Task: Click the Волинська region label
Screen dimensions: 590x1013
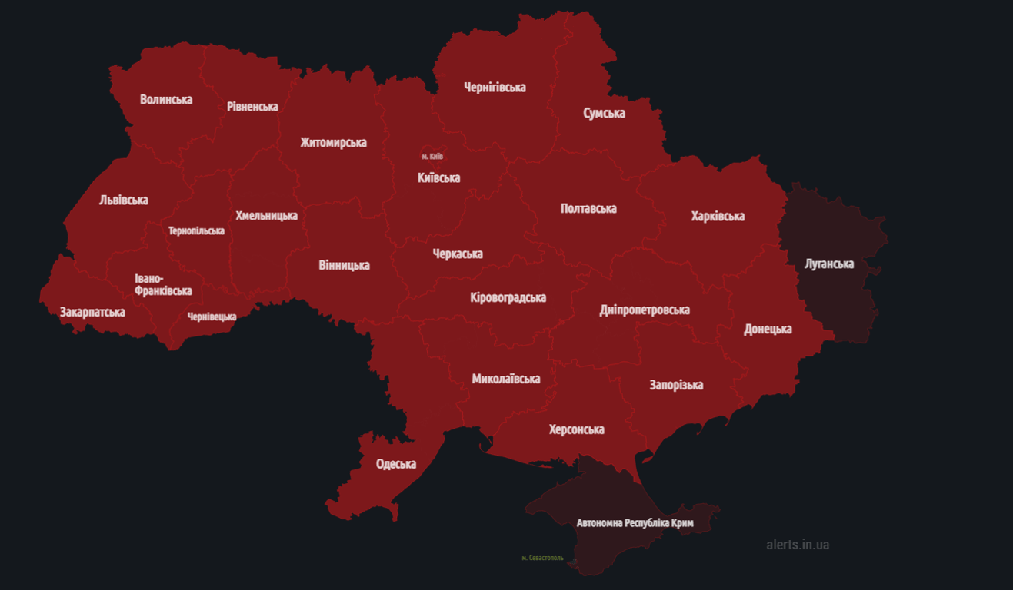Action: [x=166, y=100]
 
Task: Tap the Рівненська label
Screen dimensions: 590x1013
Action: [x=252, y=107]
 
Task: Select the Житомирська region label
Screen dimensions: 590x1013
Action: [x=333, y=143]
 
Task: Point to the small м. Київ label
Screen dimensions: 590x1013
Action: [x=432, y=157]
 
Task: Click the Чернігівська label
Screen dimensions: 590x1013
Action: [x=495, y=88]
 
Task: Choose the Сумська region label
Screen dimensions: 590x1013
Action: [x=604, y=114]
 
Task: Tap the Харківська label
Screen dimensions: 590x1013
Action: [x=718, y=216]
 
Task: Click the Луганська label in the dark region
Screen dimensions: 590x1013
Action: [x=828, y=264]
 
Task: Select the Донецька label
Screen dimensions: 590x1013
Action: [x=768, y=330]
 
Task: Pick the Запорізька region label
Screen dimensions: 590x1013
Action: [x=676, y=385]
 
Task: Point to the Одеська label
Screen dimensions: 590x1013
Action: [x=396, y=464]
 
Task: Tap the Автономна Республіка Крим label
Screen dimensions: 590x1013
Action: [x=635, y=523]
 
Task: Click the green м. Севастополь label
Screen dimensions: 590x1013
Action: [x=542, y=558]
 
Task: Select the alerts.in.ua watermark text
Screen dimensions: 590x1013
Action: [x=798, y=545]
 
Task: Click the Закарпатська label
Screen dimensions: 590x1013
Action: [x=92, y=313]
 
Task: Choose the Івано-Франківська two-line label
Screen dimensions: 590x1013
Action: [x=163, y=285]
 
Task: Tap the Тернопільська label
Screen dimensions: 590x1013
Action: [x=197, y=231]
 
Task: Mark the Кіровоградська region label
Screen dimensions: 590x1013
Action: [x=508, y=298]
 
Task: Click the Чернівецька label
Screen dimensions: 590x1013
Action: [x=212, y=317]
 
